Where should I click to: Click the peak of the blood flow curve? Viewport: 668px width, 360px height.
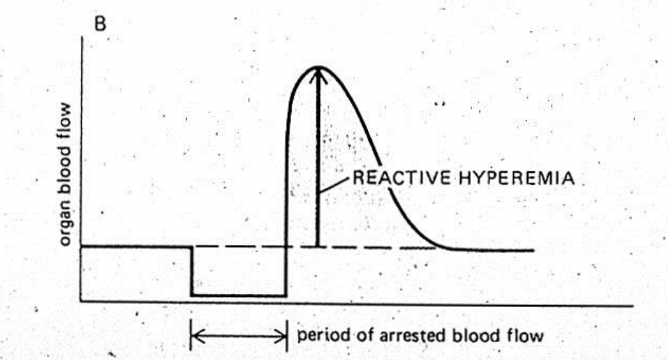[319, 66]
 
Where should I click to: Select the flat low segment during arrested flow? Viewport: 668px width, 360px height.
[238, 295]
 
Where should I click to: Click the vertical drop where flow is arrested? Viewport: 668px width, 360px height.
[191, 271]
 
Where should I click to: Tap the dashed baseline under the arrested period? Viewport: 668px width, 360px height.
[238, 247]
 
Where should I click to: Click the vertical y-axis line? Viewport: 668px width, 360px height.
[81, 165]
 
